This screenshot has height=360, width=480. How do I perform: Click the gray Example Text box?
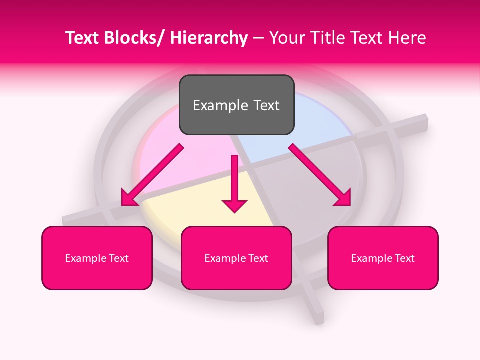[x=236, y=105]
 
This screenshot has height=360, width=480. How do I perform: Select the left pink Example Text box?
[x=97, y=258]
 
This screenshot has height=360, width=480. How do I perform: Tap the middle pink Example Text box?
[x=236, y=258]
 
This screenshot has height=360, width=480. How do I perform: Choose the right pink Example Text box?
[x=383, y=258]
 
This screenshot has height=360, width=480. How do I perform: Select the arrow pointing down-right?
[x=320, y=175]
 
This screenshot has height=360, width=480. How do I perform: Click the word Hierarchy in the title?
[x=209, y=38]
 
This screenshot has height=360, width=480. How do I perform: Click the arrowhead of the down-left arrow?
[x=129, y=198]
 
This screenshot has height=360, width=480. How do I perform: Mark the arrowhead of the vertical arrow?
[x=235, y=205]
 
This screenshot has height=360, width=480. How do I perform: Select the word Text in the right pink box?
[x=405, y=258]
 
